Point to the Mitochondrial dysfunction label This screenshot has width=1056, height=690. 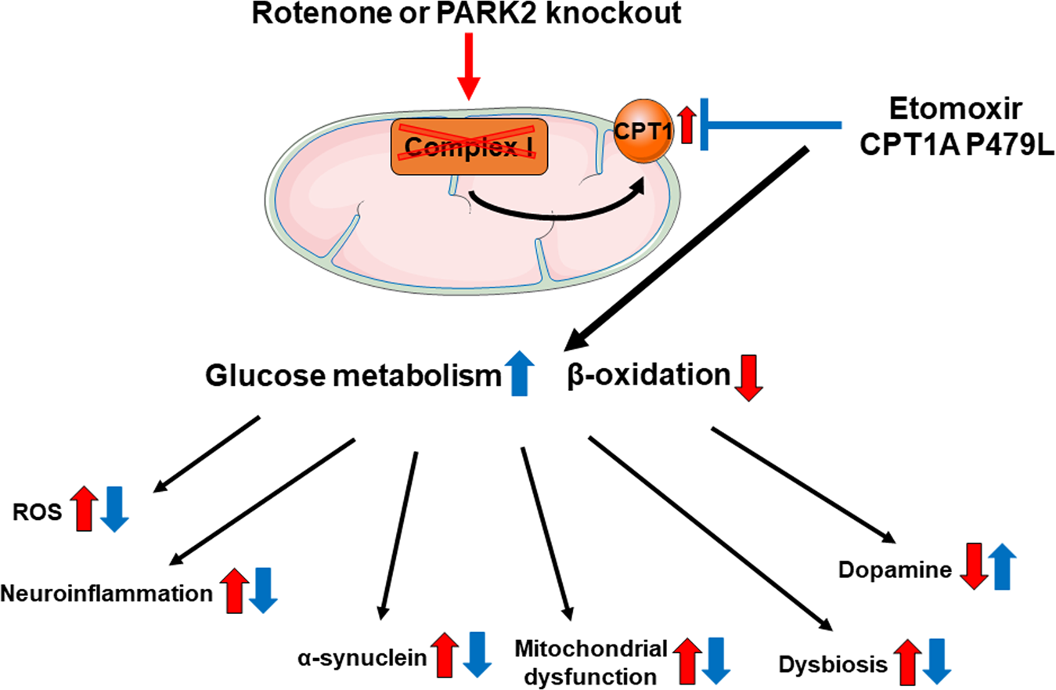590,659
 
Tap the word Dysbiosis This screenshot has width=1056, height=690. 834,665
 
